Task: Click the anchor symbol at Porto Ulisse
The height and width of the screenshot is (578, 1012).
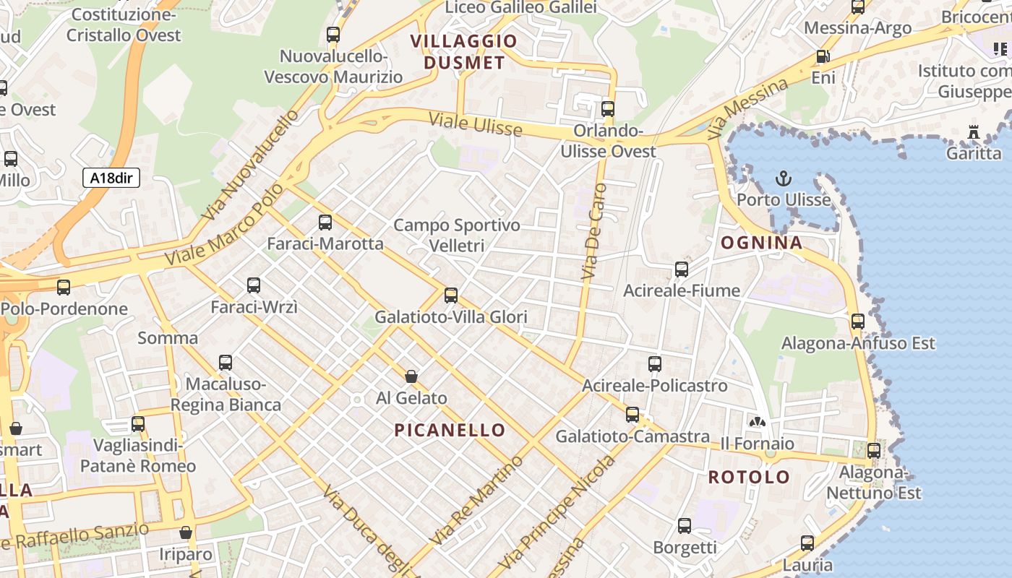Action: pyautogui.click(x=783, y=178)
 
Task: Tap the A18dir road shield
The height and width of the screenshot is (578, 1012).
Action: pyautogui.click(x=111, y=178)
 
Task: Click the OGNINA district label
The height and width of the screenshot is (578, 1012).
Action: pyautogui.click(x=762, y=243)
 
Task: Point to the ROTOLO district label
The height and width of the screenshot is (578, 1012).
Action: pyautogui.click(x=749, y=477)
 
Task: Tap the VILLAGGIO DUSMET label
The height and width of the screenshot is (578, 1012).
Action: pyautogui.click(x=464, y=52)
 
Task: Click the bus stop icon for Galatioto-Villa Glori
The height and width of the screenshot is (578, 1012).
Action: pyautogui.click(x=451, y=296)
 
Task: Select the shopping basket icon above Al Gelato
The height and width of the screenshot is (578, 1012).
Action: pyautogui.click(x=411, y=376)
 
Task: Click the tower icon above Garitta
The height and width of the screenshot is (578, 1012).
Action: pyautogui.click(x=973, y=132)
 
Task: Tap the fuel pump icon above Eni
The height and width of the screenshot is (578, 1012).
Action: pyautogui.click(x=822, y=56)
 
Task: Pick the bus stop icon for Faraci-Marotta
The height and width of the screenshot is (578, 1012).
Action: pyautogui.click(x=325, y=223)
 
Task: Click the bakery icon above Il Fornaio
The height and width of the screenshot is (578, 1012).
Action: pyautogui.click(x=757, y=422)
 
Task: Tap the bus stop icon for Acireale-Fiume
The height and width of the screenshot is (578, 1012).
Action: pyautogui.click(x=681, y=269)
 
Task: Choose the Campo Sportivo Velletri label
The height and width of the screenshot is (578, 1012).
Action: pyautogui.click(x=456, y=236)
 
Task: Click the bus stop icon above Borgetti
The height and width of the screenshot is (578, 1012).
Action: pyautogui.click(x=684, y=526)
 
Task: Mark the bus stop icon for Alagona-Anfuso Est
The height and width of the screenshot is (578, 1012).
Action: pyautogui.click(x=857, y=322)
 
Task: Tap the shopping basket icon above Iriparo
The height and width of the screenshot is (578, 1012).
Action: pyautogui.click(x=186, y=532)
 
